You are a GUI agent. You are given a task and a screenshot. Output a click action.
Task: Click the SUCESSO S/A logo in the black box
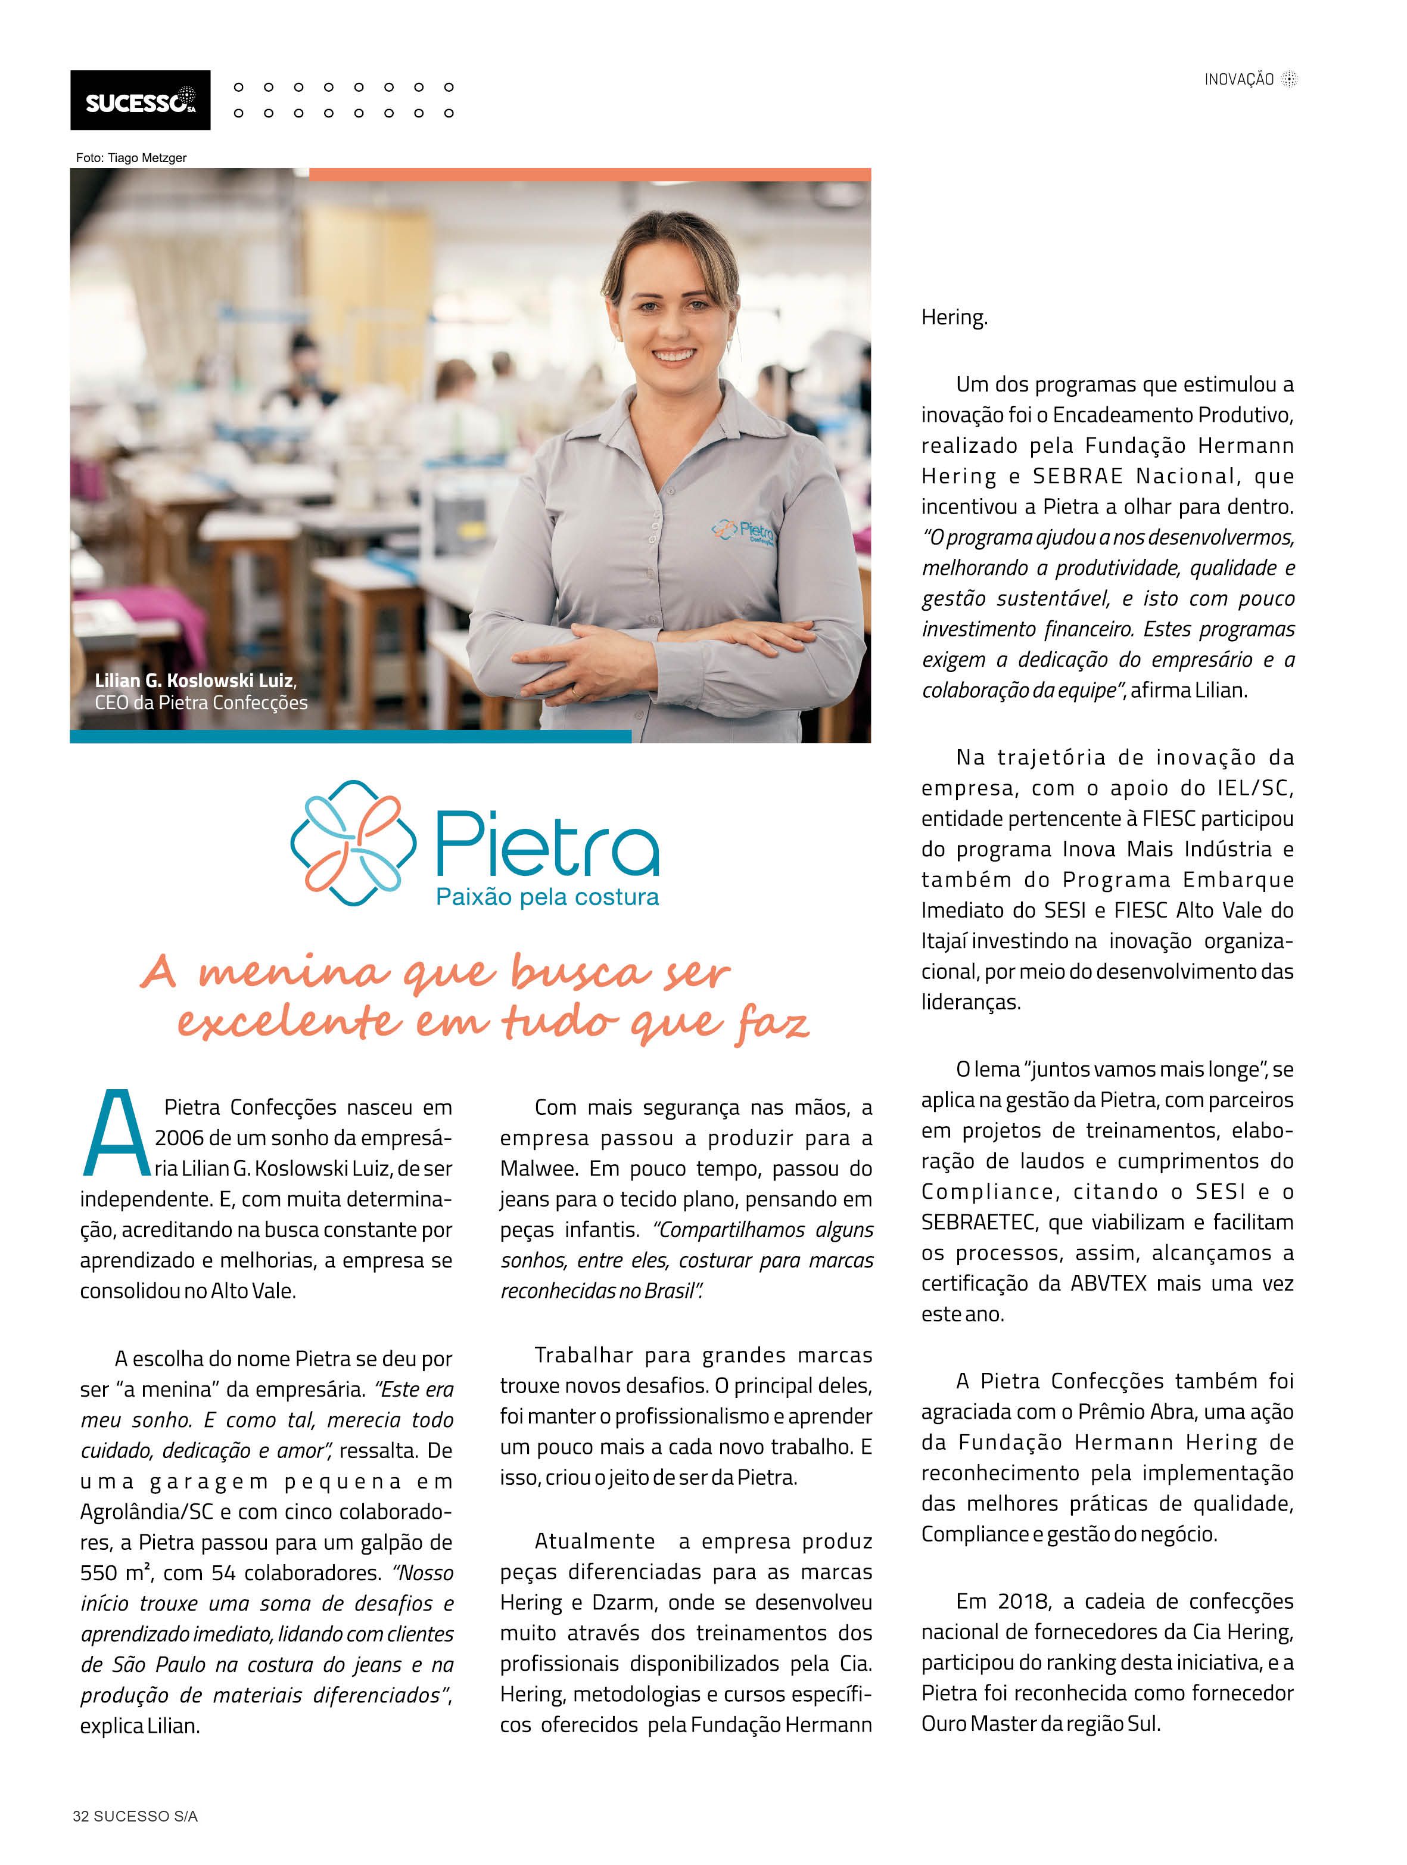tap(140, 101)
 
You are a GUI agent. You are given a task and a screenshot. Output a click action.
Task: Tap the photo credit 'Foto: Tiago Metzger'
tap(130, 158)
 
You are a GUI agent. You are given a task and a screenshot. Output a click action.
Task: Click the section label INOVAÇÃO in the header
tap(1238, 79)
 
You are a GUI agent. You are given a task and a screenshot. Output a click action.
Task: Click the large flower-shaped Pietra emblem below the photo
tap(353, 843)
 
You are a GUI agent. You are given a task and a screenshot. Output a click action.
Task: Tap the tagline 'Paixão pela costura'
tap(547, 897)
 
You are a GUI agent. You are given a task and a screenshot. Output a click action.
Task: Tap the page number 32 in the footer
tap(81, 1816)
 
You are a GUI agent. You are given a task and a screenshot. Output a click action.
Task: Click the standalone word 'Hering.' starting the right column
tap(954, 318)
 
